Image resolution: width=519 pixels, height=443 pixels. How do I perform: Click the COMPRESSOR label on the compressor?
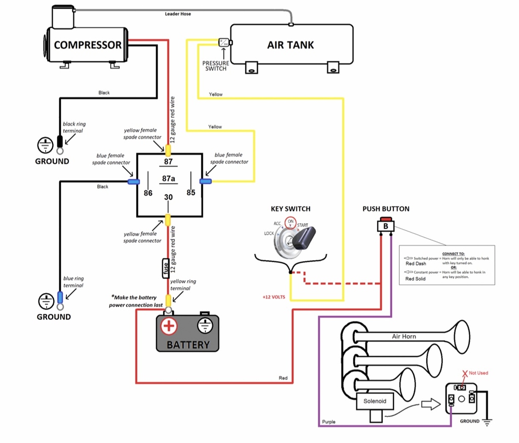click(x=88, y=45)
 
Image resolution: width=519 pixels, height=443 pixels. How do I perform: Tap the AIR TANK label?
click(x=290, y=45)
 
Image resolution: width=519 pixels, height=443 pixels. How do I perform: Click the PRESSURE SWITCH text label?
click(x=216, y=66)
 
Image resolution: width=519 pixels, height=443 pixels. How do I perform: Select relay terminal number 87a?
click(x=168, y=178)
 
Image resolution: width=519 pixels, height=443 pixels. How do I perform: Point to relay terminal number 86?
click(x=148, y=193)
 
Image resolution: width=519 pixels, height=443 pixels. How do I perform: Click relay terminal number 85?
click(x=191, y=193)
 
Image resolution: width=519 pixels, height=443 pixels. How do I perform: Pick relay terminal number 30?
click(x=168, y=197)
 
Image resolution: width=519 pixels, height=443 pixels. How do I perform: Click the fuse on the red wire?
click(x=166, y=268)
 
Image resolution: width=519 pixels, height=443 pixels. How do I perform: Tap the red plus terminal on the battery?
click(x=169, y=325)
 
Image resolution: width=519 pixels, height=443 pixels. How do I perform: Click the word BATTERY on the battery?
click(x=188, y=345)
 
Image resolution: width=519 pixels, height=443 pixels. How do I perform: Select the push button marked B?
click(x=386, y=226)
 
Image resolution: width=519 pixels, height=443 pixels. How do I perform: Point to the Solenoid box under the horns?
click(x=375, y=401)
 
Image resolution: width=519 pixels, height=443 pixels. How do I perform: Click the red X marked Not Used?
click(x=463, y=373)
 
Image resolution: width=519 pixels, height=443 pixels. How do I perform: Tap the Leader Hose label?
click(x=178, y=14)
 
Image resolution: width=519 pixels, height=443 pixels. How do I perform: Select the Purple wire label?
click(x=328, y=422)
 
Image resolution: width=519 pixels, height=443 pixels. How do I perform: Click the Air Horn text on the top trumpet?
click(x=404, y=337)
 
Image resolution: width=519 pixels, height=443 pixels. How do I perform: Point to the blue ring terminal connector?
click(x=60, y=298)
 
